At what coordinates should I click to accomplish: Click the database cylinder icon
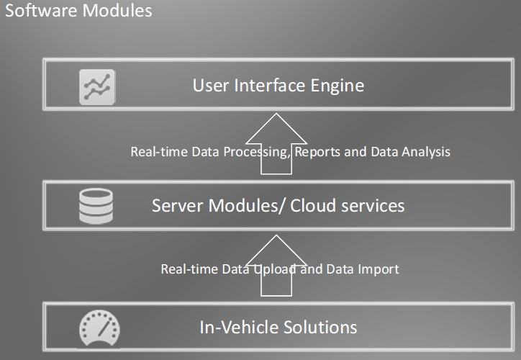tap(96, 206)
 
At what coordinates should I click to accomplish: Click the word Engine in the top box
tap(337, 86)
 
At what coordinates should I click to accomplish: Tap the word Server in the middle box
tap(177, 206)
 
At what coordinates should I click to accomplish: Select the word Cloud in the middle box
tap(312, 206)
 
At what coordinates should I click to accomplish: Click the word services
tap(372, 206)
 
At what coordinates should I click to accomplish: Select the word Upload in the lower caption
tap(270, 269)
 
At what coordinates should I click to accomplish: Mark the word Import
tap(379, 269)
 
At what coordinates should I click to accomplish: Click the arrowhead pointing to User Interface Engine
tap(277, 125)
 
